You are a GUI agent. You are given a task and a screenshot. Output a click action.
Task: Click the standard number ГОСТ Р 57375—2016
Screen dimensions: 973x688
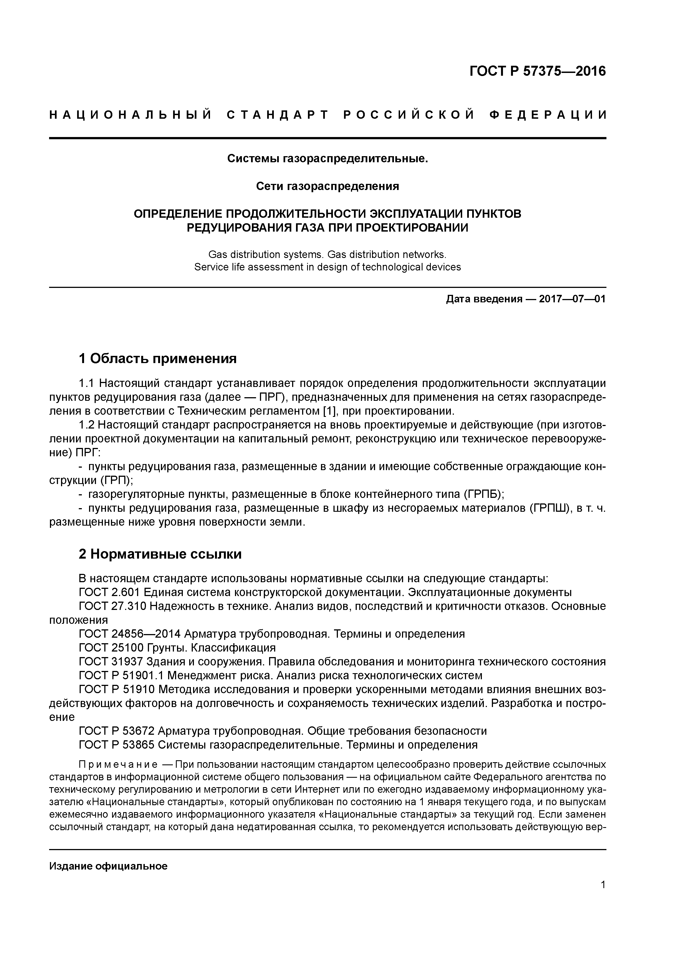tap(538, 71)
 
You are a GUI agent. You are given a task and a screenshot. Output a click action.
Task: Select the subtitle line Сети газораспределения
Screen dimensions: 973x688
tap(327, 186)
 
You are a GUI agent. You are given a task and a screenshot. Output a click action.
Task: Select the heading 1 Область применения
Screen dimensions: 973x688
tap(157, 359)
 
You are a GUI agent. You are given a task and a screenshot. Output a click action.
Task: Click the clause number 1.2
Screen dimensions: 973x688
tap(87, 425)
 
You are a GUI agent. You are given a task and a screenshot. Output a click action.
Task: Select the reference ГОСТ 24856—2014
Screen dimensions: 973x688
tap(130, 634)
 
